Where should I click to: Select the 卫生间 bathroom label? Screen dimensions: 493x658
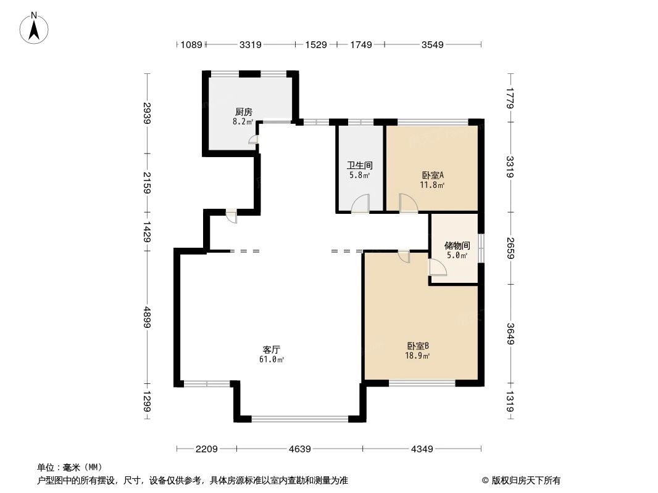pos(359,166)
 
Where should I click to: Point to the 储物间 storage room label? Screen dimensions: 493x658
pos(457,245)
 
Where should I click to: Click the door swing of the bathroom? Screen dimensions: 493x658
pos(360,204)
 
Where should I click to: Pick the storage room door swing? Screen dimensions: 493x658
pos(438,267)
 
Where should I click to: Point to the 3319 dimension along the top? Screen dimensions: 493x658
pos(250,44)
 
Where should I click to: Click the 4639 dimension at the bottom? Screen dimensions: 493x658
pos(299,449)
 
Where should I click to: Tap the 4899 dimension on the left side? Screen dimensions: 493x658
pos(147,318)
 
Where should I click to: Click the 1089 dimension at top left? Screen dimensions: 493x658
pos(190,44)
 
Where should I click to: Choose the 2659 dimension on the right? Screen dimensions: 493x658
pos(510,248)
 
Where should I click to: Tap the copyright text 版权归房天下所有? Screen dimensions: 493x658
pos(521,480)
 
